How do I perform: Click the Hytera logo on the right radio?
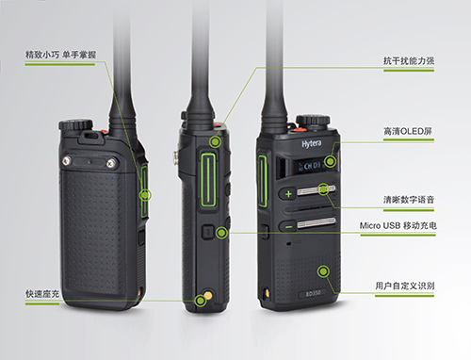pyautogui.click(x=312, y=144)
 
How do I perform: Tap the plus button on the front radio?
pyautogui.click(x=288, y=194)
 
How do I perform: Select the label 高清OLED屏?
pyautogui.click(x=408, y=131)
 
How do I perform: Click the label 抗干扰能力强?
pyautogui.click(x=409, y=60)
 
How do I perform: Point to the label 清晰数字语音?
pyautogui.click(x=409, y=200)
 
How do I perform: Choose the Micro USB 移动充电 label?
pyautogui.click(x=398, y=225)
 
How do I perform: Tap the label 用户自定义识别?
pyautogui.click(x=405, y=286)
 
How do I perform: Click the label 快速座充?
pyautogui.click(x=42, y=294)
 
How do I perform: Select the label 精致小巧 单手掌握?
pyautogui.click(x=60, y=55)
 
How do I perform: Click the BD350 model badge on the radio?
pyautogui.click(x=314, y=293)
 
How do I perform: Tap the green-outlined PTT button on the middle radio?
pyautogui.click(x=208, y=180)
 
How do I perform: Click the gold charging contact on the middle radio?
pyautogui.click(x=208, y=295)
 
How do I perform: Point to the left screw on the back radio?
pyautogui.click(x=67, y=161)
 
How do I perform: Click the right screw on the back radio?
pyautogui.click(x=111, y=163)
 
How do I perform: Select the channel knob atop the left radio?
pyautogui.click(x=75, y=124)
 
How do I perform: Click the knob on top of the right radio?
pyautogui.click(x=313, y=121)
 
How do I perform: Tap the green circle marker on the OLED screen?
pyautogui.click(x=330, y=162)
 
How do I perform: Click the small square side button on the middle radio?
pyautogui.click(x=207, y=233)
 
